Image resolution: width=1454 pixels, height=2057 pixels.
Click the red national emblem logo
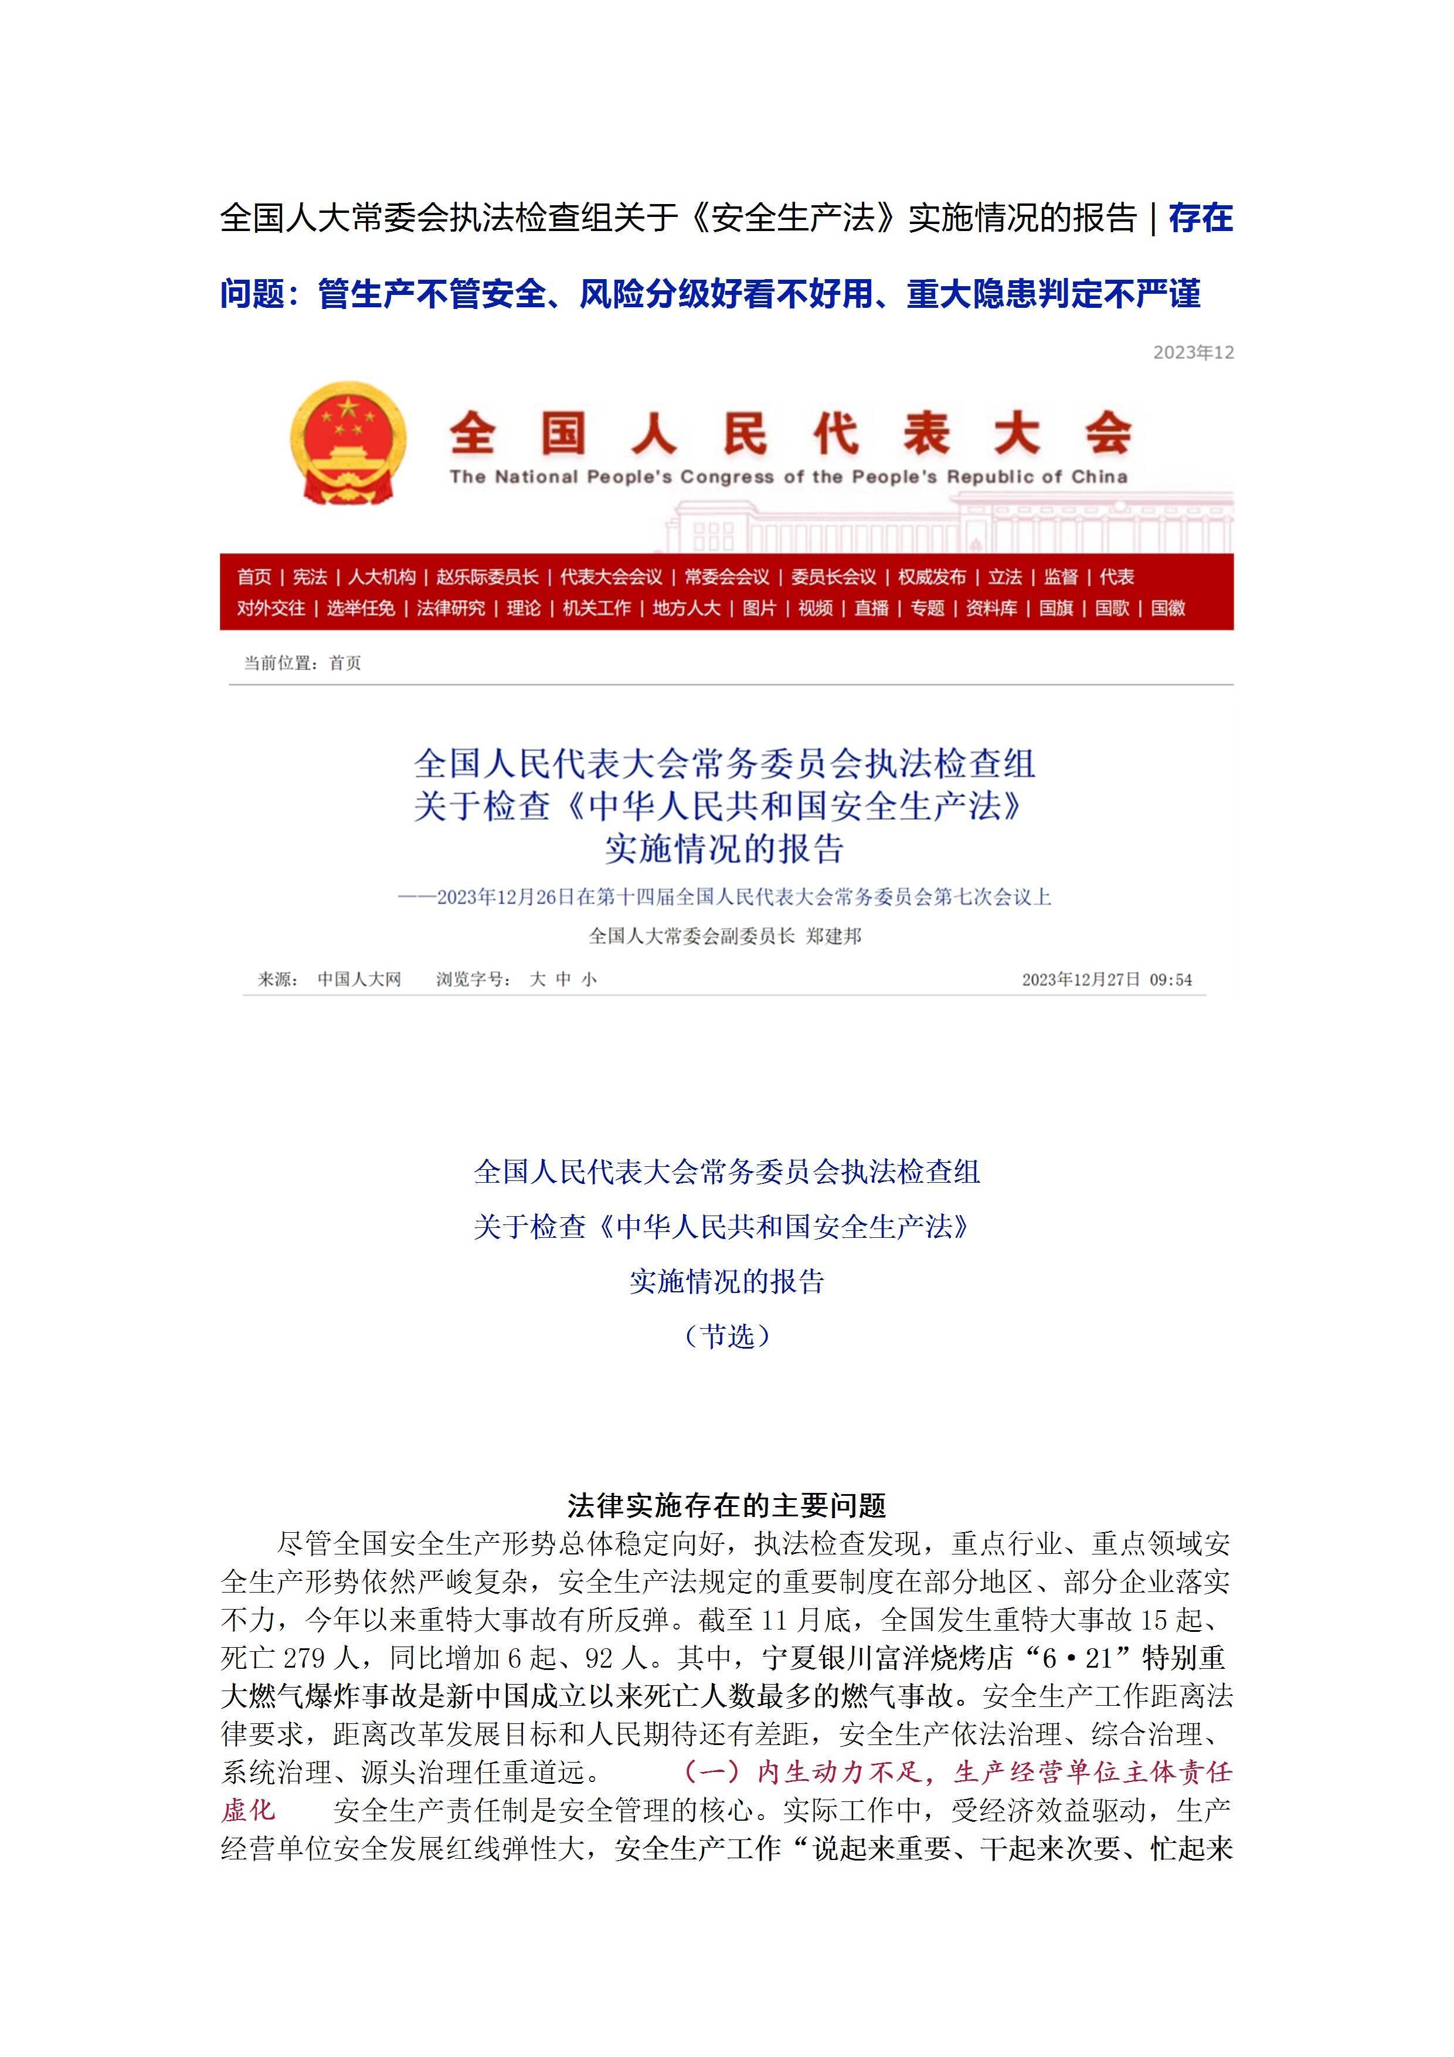tap(348, 443)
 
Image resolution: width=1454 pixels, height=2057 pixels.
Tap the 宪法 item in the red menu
tap(310, 577)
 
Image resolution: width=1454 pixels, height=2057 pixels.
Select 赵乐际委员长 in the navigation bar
tap(487, 577)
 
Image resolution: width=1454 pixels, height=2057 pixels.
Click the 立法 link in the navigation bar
tap(1004, 577)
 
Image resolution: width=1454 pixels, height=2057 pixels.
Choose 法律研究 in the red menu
tap(451, 608)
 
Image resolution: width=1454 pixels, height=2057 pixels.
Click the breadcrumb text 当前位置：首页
tap(303, 663)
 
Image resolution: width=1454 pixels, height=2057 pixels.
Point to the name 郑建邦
tap(834, 936)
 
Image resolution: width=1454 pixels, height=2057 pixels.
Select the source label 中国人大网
tap(359, 979)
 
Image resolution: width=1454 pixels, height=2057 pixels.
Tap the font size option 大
tap(538, 979)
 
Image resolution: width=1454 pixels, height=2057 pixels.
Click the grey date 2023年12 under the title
tap(1193, 353)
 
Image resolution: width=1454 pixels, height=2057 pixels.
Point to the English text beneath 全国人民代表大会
tap(789, 477)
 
